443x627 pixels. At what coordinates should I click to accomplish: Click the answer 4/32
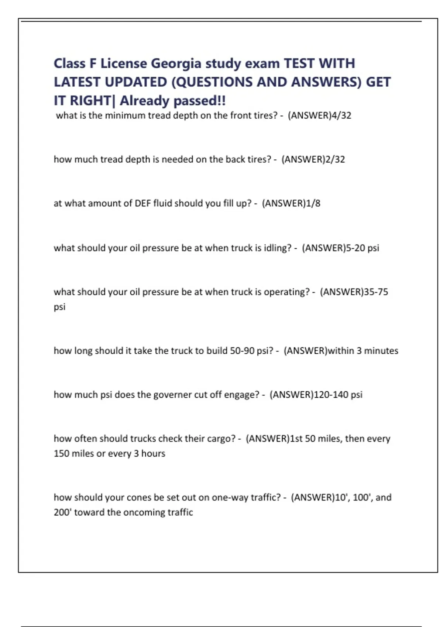click(x=341, y=115)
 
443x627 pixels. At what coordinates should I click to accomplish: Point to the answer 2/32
click(x=335, y=159)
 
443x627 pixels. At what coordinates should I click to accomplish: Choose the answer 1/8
click(x=313, y=203)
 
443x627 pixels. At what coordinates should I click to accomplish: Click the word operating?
click(x=286, y=292)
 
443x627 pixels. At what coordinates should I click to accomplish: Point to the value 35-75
click(x=376, y=292)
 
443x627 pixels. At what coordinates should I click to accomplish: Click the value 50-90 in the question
click(x=242, y=350)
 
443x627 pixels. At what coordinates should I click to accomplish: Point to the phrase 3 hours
click(x=150, y=453)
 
